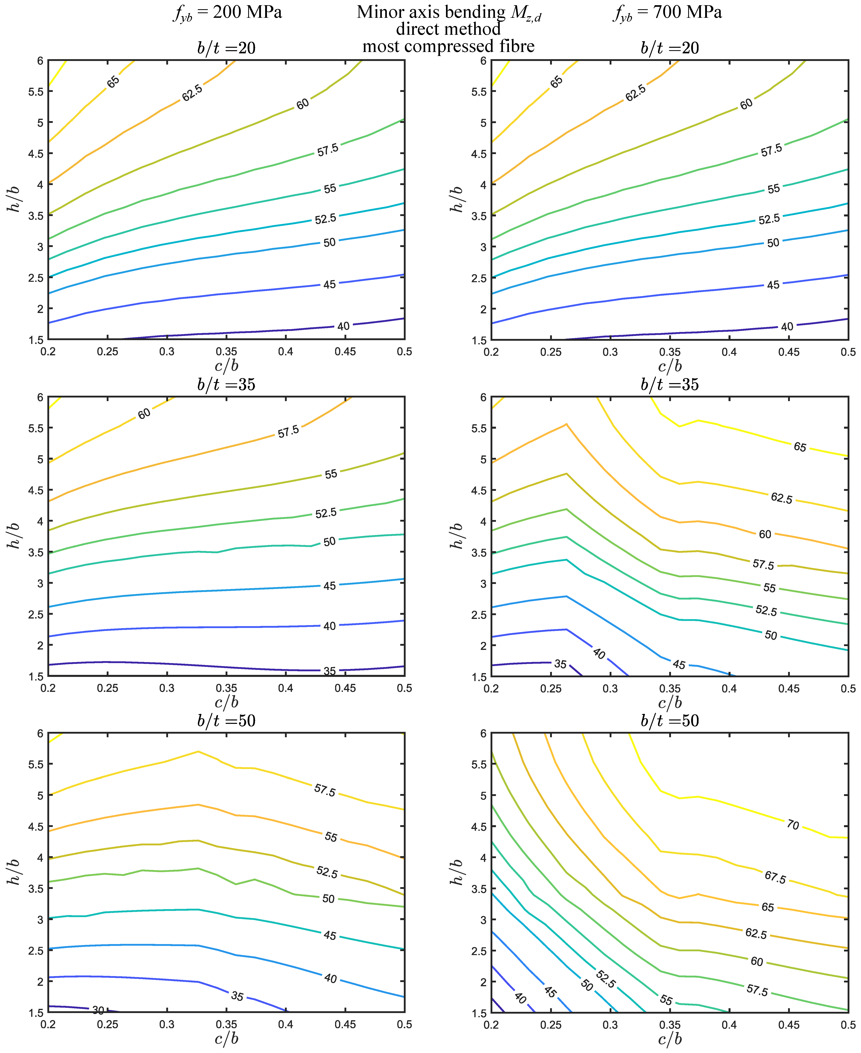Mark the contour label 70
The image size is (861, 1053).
point(792,825)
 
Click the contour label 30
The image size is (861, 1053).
point(98,1010)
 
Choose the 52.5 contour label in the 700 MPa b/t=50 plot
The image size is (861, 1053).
point(606,979)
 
